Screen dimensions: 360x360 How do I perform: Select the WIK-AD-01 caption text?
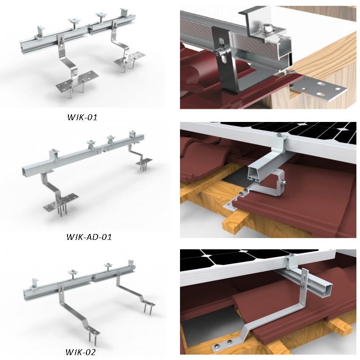click(x=89, y=237)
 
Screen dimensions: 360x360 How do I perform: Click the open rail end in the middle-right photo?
click(x=255, y=176)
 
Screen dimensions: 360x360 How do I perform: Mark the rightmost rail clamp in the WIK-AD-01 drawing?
click(x=131, y=135)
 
